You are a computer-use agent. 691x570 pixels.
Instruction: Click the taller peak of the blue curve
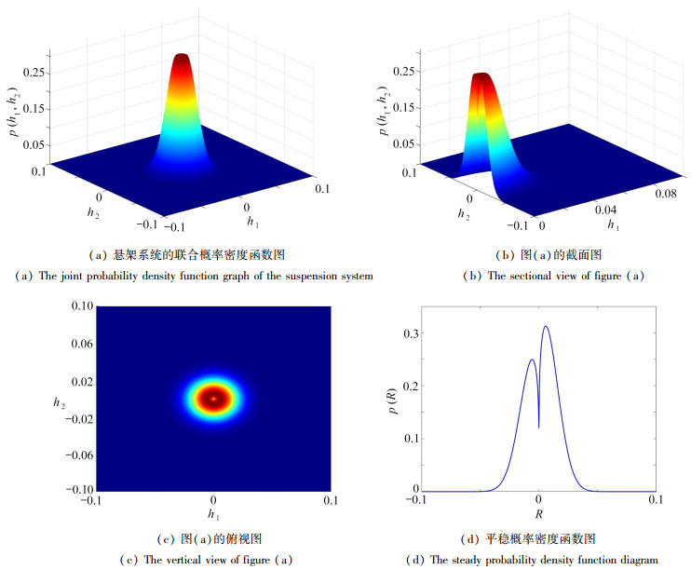pos(546,327)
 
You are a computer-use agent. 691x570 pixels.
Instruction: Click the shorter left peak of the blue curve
pos(532,360)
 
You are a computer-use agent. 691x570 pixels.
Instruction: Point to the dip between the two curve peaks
pos(538,426)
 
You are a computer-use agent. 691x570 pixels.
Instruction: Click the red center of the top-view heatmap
pos(214,398)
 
